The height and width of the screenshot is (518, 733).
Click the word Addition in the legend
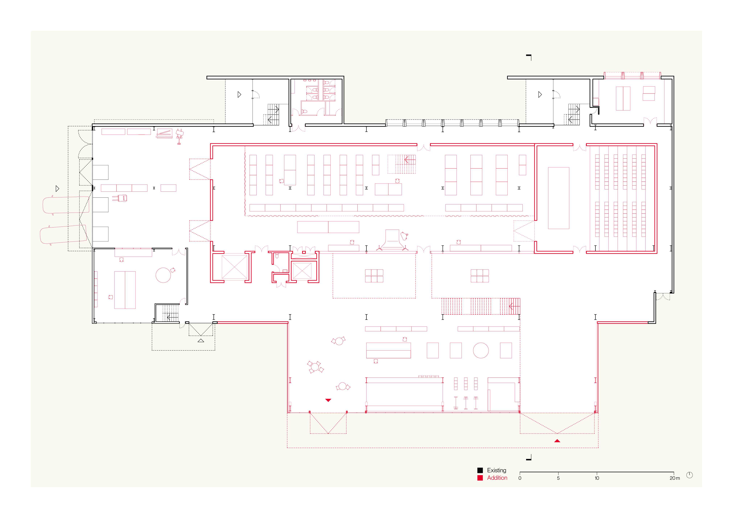(497, 478)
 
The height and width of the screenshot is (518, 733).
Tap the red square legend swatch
(480, 478)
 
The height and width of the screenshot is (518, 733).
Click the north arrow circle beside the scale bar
(690, 475)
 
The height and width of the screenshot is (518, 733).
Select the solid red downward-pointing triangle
(328, 400)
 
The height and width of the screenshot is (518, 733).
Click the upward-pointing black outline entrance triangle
(201, 341)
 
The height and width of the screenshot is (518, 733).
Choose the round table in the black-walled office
(163, 275)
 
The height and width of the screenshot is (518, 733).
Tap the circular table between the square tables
(481, 351)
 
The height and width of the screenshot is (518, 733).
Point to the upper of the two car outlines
(66, 205)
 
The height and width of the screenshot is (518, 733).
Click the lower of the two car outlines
(63, 235)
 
